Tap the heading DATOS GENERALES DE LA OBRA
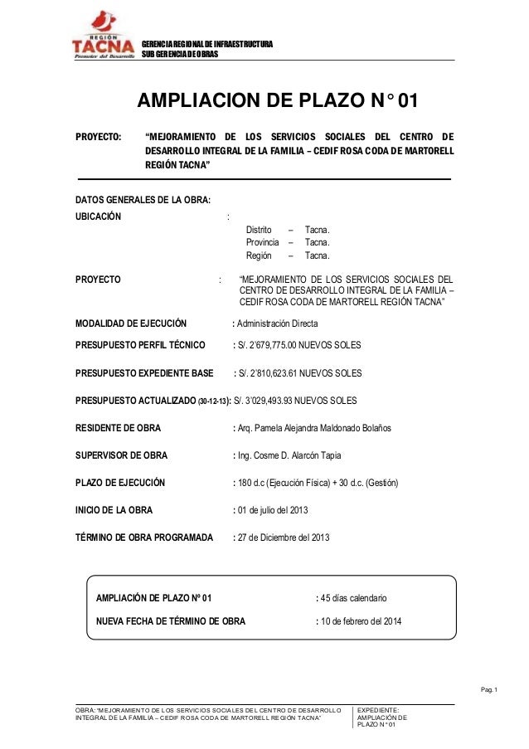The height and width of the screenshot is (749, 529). click(x=143, y=200)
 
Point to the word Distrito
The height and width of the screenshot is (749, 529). click(x=259, y=228)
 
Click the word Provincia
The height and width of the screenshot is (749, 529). click(x=262, y=242)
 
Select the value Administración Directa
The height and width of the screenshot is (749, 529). click(x=277, y=323)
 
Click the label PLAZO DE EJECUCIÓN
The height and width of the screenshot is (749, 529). click(x=120, y=483)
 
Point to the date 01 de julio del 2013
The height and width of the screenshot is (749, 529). click(x=277, y=510)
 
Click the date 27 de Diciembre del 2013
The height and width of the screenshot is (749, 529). click(x=284, y=537)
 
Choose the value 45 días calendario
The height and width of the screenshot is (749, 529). click(x=354, y=597)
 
